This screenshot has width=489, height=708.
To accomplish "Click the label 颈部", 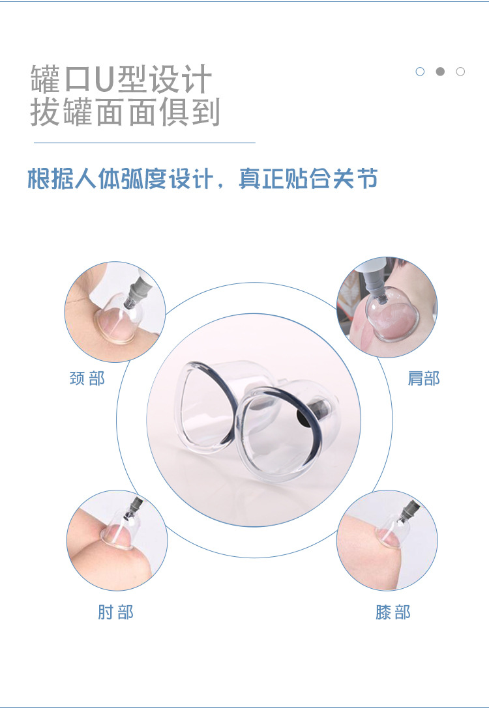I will point(87,378).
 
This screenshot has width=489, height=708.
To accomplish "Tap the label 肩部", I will point(424,378).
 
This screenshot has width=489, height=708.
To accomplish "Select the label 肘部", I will point(115,612).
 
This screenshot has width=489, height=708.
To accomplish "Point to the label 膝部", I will point(393,612).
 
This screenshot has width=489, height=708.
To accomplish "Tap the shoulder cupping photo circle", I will point(387,306).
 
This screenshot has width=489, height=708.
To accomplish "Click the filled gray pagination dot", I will point(440,72).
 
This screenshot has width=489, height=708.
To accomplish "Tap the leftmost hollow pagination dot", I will point(420,72).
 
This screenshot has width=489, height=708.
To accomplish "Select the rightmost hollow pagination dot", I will point(460,72).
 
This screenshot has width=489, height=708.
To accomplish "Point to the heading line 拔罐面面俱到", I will point(125,112).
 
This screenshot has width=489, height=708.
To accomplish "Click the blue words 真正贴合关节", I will point(308,179).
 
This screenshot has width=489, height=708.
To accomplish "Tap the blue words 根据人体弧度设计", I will point(119,179).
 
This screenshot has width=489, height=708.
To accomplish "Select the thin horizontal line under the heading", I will point(144,142).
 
